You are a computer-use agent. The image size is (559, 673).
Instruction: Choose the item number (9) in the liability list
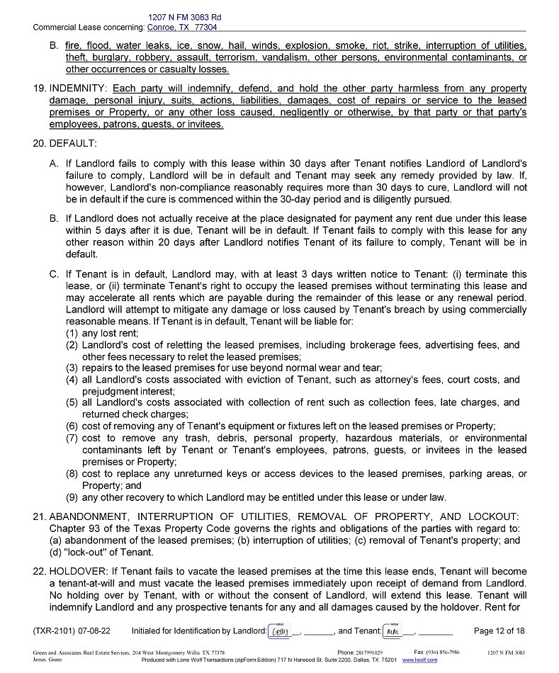(72, 497)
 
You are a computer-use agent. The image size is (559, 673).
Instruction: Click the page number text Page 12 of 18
(499, 630)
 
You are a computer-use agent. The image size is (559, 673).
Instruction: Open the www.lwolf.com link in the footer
(419, 660)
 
